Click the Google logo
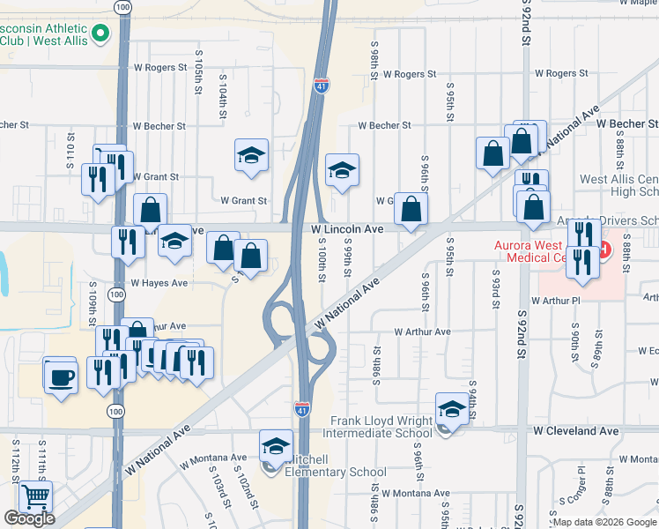point(29,518)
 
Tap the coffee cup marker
point(60,376)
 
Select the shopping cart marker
point(35,497)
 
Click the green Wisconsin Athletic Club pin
point(100,34)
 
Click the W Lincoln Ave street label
point(348,228)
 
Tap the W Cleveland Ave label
point(575,431)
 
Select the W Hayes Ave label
point(159,283)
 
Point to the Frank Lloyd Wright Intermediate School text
point(381,427)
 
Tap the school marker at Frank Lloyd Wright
point(451,408)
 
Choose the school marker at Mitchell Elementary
point(276,446)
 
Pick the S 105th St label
point(199,80)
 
